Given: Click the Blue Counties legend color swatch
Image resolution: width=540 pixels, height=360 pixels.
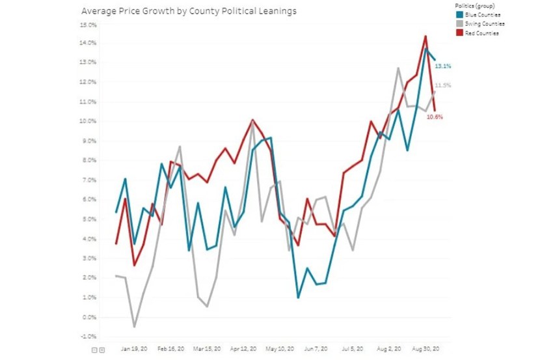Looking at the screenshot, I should click(x=459, y=14).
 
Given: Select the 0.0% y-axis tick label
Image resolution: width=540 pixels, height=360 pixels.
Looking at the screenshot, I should click(x=88, y=317).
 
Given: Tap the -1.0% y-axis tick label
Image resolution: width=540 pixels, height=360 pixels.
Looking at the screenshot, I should click(x=88, y=337).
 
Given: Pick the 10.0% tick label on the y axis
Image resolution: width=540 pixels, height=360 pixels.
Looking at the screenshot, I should click(x=87, y=122).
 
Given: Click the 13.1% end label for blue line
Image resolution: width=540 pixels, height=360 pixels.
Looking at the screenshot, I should click(x=443, y=66).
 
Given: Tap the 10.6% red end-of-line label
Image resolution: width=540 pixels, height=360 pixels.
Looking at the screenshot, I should click(x=435, y=117).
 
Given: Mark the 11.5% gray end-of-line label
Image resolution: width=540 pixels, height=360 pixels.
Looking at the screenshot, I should click(x=443, y=85).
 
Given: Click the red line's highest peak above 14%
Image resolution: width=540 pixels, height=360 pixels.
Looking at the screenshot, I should click(x=425, y=36).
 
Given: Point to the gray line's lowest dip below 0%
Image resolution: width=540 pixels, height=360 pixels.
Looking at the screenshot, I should click(x=135, y=327).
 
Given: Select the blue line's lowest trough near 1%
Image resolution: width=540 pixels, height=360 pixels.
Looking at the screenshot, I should click(x=298, y=298).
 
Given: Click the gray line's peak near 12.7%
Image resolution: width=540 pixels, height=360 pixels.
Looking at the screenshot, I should click(x=398, y=68).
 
